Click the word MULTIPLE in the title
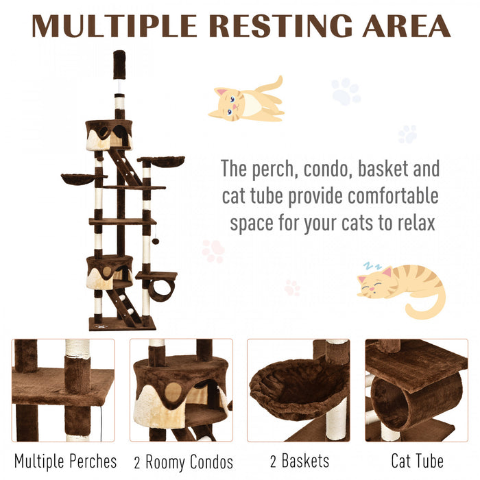coord(115,25)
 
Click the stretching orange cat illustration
coord(247,101)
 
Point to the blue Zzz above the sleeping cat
coord(371,264)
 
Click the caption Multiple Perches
coord(66,461)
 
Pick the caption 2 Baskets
coord(298,461)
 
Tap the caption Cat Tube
coord(417,461)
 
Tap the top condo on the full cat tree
coord(108,134)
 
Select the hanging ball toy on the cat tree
coord(156,241)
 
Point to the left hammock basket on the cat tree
coord(79,179)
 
